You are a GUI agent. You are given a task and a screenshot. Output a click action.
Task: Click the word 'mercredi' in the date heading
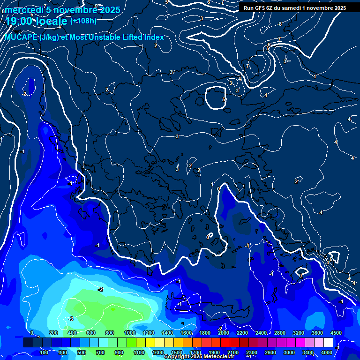tap(24, 10)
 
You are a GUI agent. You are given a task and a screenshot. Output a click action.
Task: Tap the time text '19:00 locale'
tap(37, 21)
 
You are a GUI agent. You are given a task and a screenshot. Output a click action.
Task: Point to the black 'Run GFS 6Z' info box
tap(294, 8)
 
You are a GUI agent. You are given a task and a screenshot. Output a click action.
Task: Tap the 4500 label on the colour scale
tap(336, 333)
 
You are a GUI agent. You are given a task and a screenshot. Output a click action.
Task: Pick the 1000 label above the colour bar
tap(129, 333)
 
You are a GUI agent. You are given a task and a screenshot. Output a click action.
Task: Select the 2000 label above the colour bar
tap(223, 333)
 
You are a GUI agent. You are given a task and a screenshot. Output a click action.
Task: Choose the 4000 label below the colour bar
tap(327, 352)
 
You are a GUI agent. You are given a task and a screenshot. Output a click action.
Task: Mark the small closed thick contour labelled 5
tap(217, 98)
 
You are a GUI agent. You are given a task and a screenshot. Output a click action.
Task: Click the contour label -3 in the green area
tap(70, 319)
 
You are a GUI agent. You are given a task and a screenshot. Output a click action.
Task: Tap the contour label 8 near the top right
tap(280, 24)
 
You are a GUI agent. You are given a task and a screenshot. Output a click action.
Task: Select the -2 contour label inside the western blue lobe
tap(24, 94)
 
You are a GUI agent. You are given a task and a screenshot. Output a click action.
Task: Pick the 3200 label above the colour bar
tap(298, 333)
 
